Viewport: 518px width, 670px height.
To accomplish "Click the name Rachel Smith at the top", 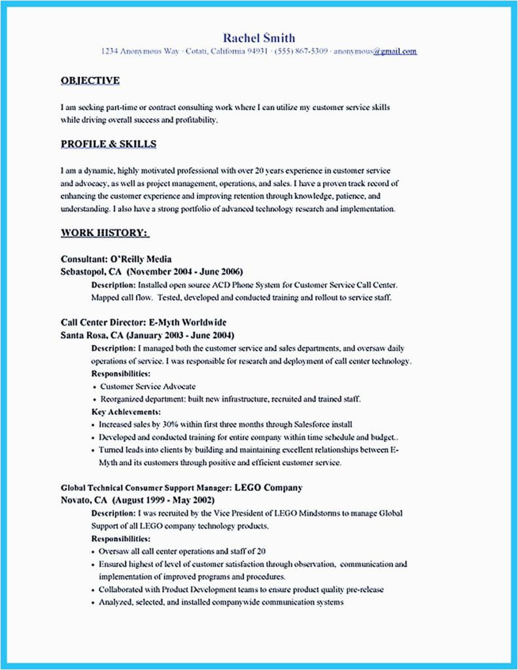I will (258, 37).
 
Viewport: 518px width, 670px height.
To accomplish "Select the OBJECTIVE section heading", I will (90, 80).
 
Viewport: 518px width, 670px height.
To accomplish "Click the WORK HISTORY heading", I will (105, 232).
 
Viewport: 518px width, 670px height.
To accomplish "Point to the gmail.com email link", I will (394, 51).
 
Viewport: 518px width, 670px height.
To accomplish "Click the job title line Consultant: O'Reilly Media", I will (116, 258).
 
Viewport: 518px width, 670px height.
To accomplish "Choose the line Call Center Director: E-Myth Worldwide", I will (144, 323).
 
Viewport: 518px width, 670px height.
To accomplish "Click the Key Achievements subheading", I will (125, 412).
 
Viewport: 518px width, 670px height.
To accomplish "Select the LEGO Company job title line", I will (182, 488).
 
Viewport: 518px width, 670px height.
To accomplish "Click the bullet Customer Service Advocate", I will (148, 387).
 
